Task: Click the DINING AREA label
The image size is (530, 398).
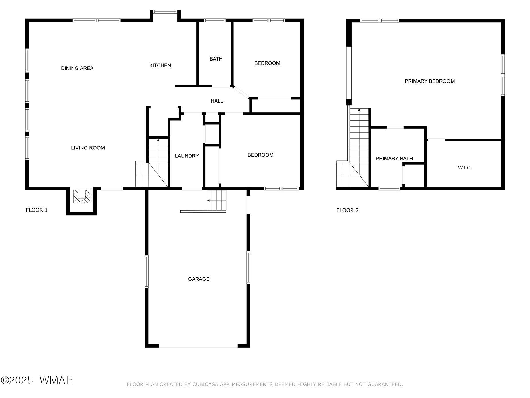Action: pyautogui.click(x=77, y=68)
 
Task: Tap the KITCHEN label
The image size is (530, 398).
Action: pyautogui.click(x=160, y=65)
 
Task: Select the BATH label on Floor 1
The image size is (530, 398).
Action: pyautogui.click(x=216, y=59)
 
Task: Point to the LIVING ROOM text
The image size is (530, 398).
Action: pyautogui.click(x=88, y=148)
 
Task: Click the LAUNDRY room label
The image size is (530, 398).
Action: pyautogui.click(x=187, y=156)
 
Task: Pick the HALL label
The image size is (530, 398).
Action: pyautogui.click(x=217, y=101)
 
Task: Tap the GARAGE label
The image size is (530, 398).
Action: pyautogui.click(x=199, y=279)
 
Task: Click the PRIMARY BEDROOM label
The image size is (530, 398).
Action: pyautogui.click(x=429, y=81)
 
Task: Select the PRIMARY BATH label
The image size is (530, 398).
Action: pyautogui.click(x=394, y=159)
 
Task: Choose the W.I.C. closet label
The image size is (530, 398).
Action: pyautogui.click(x=465, y=168)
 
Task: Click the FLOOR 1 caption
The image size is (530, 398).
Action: pyautogui.click(x=37, y=210)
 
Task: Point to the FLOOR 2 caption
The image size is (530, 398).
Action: pyautogui.click(x=347, y=210)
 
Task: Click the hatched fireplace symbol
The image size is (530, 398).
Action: pyautogui.click(x=82, y=196)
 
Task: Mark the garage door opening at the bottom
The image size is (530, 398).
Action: pyautogui.click(x=198, y=346)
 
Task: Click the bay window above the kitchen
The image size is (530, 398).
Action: pyautogui.click(x=165, y=12)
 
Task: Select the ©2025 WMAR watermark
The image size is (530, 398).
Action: pyautogui.click(x=37, y=380)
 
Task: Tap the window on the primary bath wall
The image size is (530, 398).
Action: pyautogui.click(x=389, y=189)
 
